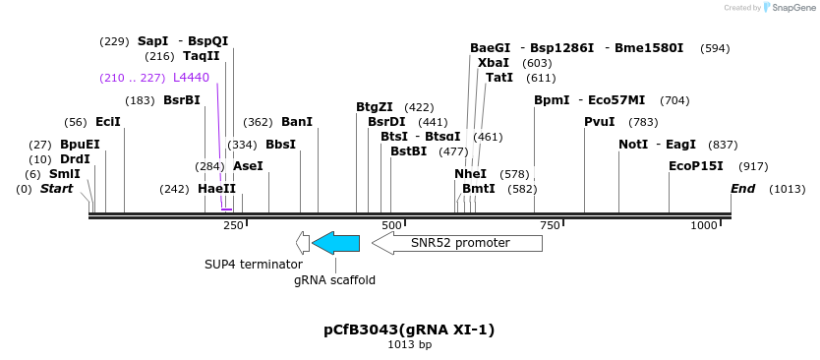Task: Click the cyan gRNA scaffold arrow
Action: pos(336,242)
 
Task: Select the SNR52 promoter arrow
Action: pos(457,242)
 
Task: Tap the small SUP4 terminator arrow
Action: pos(303,242)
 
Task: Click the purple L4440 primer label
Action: pos(191,78)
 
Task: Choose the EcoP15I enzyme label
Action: pos(695,166)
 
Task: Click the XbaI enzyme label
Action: pos(493,63)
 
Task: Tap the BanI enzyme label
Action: pos(296,122)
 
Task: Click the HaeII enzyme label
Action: pos(216,189)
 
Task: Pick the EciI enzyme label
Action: pos(107,122)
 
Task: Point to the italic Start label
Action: pos(56,189)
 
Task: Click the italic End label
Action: pos(742,189)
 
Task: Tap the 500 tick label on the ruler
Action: pos(391,225)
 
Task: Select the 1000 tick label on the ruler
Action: pos(704,225)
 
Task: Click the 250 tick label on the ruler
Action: pos(233,225)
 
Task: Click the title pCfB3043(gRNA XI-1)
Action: pos(409,329)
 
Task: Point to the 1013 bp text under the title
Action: pos(409,345)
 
